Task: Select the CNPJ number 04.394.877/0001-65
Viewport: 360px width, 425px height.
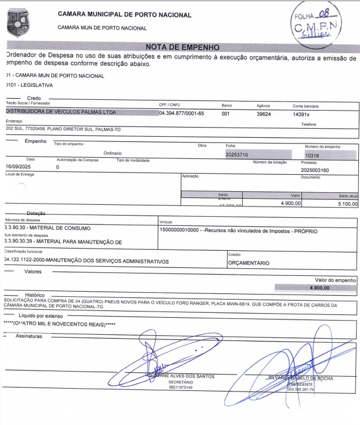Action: (181, 113)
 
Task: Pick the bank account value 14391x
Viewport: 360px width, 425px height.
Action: (302, 113)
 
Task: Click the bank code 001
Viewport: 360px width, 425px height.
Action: (225, 113)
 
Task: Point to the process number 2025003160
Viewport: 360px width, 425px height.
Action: (319, 169)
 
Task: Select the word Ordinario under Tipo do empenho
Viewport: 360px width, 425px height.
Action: (114, 153)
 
